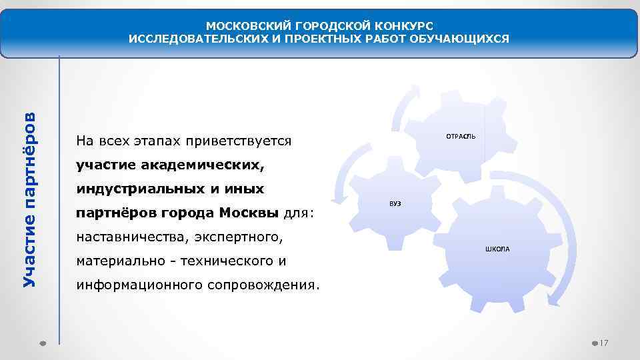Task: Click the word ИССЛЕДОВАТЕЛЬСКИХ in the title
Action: click(x=195, y=39)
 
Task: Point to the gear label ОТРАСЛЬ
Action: click(x=461, y=136)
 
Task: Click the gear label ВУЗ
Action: click(x=395, y=203)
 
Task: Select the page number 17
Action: click(x=604, y=343)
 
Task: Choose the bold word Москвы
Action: click(x=249, y=213)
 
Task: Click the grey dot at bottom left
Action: click(x=41, y=343)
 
